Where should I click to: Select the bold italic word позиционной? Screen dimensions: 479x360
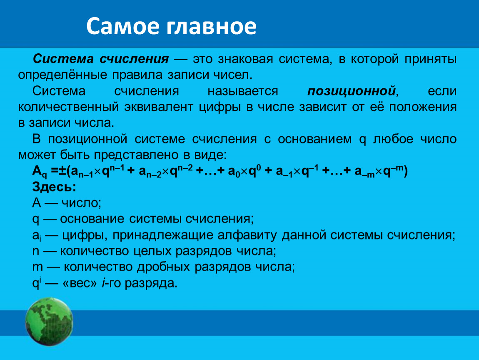(x=352, y=91)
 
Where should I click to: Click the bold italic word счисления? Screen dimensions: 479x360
(x=134, y=59)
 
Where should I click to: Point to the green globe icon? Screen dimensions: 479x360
(x=49, y=322)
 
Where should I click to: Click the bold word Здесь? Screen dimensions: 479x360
(x=54, y=187)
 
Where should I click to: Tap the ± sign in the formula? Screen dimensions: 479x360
(x=62, y=170)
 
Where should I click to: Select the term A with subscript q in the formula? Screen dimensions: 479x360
(x=40, y=172)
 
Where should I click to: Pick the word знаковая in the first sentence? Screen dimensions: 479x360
(x=245, y=59)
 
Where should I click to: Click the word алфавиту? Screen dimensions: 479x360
(x=247, y=235)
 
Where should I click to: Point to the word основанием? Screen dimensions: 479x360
(x=314, y=139)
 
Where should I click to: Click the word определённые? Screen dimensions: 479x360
(x=62, y=75)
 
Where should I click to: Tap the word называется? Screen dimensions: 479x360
(x=243, y=91)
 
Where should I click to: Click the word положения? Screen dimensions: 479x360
(x=423, y=107)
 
